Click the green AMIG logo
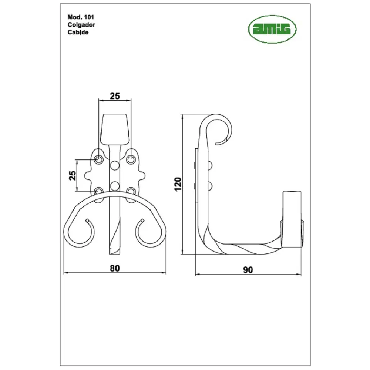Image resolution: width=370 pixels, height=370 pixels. [x=272, y=29]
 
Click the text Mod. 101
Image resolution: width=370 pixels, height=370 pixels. [x=81, y=17]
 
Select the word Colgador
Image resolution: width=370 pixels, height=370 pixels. [x=81, y=25]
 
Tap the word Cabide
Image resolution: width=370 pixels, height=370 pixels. [x=78, y=32]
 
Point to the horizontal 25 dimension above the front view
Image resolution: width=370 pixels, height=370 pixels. [x=115, y=96]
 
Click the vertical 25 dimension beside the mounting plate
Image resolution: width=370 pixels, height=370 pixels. [x=73, y=175]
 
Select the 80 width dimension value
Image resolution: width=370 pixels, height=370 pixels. [x=115, y=268]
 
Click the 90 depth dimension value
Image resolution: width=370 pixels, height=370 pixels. [x=248, y=270]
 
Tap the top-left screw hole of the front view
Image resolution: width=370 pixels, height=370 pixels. [x=99, y=159]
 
